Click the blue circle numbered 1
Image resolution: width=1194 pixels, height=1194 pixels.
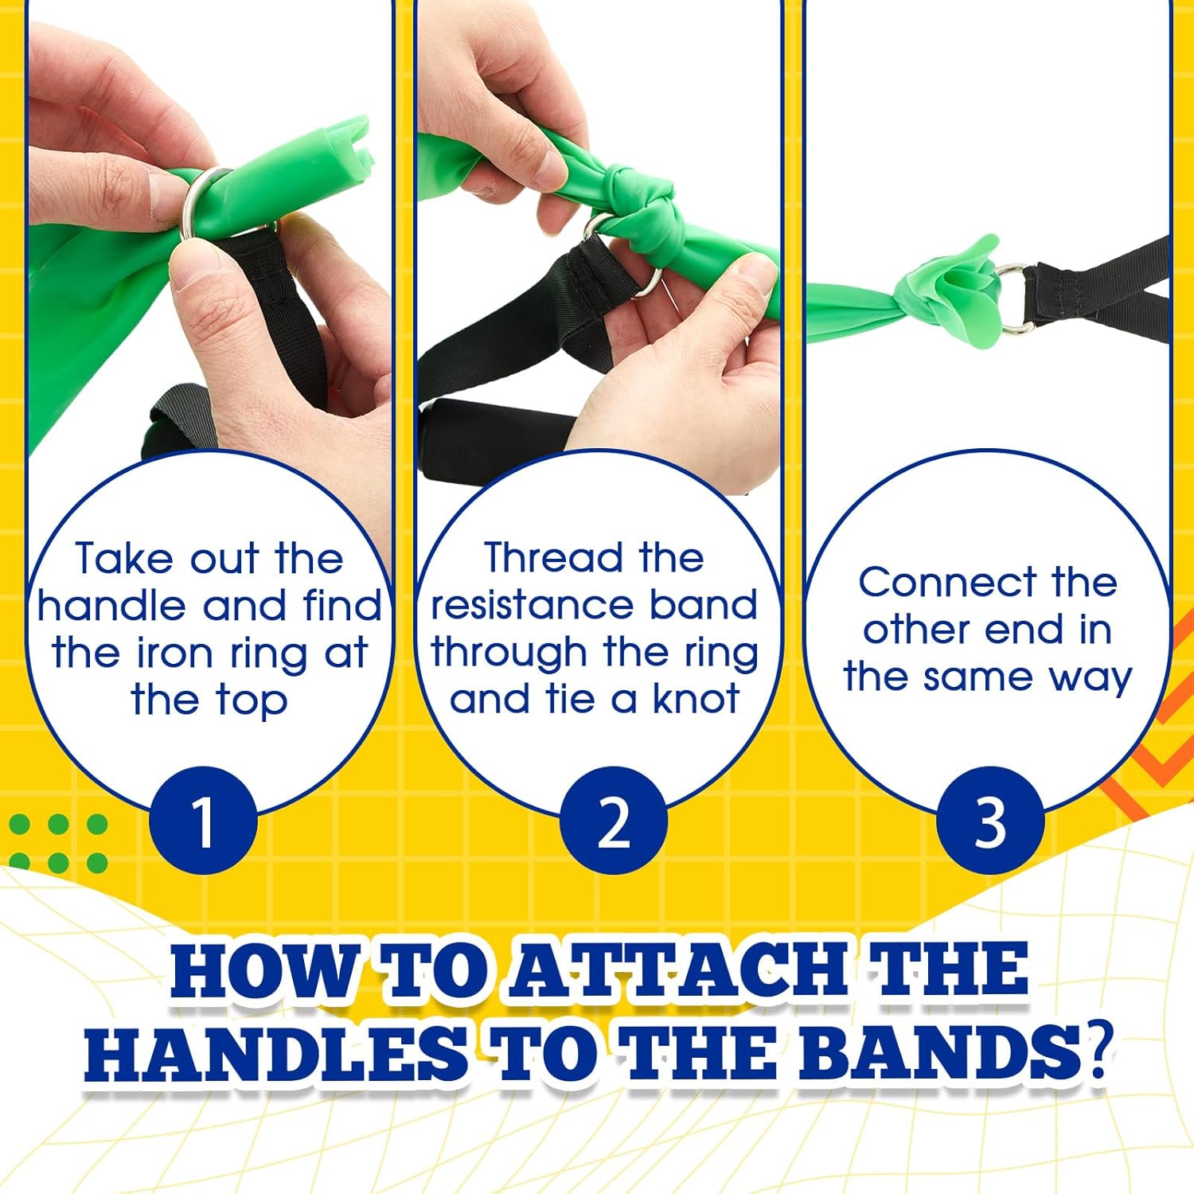(204, 821)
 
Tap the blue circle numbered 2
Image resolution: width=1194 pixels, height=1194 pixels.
(613, 821)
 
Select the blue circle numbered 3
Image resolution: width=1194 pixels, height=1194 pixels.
(989, 821)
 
